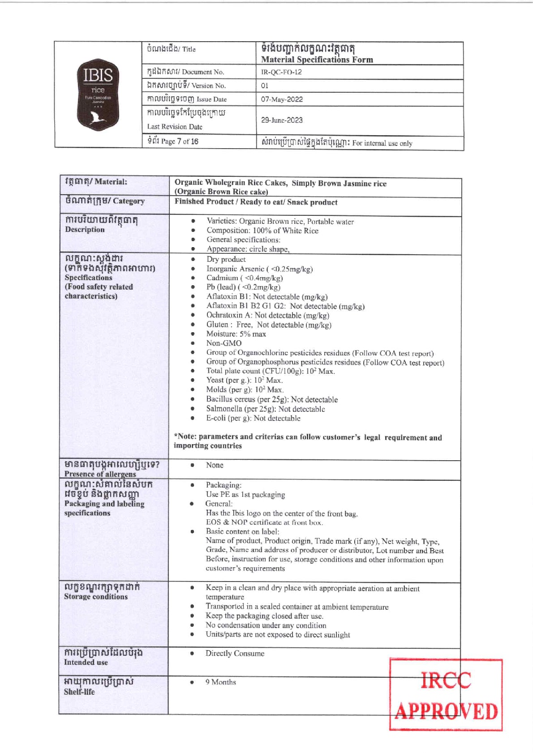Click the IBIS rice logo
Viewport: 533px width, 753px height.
[98, 94]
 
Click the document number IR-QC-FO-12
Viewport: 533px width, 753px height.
[281, 72]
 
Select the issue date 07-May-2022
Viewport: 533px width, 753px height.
[282, 99]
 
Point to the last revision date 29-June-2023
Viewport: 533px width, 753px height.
[282, 120]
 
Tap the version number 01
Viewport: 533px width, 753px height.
[265, 86]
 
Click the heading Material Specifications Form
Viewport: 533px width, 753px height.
[317, 60]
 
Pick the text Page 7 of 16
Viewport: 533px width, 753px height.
[179, 141]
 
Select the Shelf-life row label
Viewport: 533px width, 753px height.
[79, 692]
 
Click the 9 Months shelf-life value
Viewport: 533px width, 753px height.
[220, 682]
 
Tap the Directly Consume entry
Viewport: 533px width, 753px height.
[235, 653]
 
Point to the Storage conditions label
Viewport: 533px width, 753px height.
[95, 596]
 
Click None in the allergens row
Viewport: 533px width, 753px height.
[215, 465]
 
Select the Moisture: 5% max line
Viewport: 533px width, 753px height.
[236, 334]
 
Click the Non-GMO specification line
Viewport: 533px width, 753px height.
[224, 343]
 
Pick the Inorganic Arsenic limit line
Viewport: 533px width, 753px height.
[259, 269]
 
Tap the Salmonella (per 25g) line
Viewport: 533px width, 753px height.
[265, 409]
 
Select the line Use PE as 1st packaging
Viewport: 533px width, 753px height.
[245, 495]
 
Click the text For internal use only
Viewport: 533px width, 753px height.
[382, 143]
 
